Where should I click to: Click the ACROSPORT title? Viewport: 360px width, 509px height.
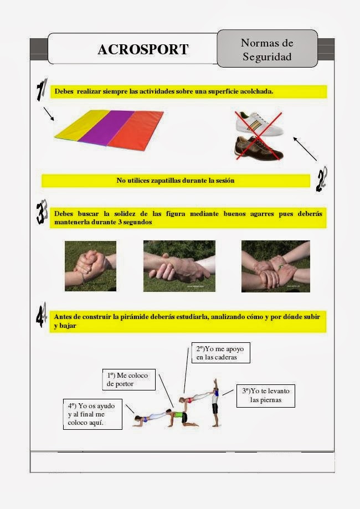(143, 49)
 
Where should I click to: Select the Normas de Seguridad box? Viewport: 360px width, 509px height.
(267, 49)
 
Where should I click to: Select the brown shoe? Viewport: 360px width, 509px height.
(258, 147)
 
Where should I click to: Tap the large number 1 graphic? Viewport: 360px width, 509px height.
(40, 91)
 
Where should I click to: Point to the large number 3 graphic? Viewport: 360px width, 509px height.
(41, 214)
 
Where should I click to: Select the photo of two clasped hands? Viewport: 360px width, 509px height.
(90, 266)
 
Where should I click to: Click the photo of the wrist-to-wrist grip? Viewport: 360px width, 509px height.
(179, 266)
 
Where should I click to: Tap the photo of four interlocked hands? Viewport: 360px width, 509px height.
(275, 266)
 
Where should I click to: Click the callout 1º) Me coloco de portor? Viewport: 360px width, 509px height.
(128, 379)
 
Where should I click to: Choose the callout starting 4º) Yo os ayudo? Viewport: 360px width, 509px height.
(92, 414)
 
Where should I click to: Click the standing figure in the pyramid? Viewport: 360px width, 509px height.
(215, 403)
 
